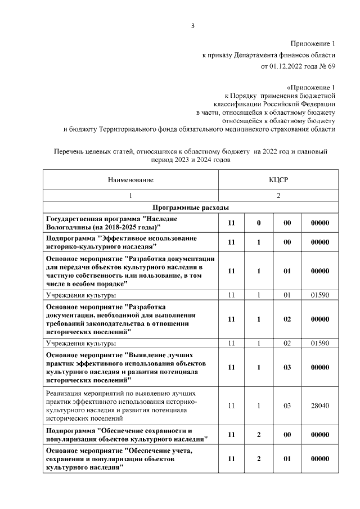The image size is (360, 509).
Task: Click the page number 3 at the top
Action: point(192,25)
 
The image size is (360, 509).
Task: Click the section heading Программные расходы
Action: point(191,206)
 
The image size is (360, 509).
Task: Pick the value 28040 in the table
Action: point(319,405)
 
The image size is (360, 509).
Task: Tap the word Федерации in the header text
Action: point(319,104)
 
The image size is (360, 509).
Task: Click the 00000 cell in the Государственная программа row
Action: point(319,223)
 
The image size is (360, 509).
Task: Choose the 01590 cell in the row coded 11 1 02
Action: point(319,343)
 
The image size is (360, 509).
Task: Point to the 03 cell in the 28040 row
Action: point(287,405)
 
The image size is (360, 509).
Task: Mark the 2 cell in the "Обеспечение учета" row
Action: point(259,459)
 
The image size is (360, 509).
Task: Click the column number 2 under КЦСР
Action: point(277,196)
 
